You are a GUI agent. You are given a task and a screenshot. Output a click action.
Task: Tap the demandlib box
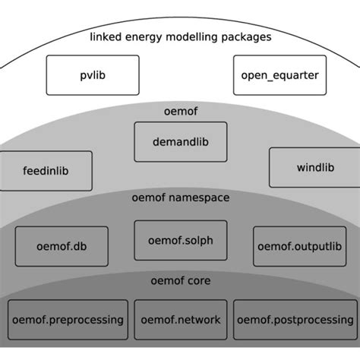coord(179,141)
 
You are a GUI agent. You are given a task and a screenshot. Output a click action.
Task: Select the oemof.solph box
coord(181,240)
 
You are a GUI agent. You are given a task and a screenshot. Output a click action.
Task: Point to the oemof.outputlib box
coord(299,245)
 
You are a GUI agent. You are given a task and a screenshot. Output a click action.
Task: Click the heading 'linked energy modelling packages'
coord(179,37)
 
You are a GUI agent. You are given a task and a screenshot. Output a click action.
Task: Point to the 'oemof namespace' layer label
coord(179,197)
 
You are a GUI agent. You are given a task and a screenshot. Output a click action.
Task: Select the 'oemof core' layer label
coord(179,280)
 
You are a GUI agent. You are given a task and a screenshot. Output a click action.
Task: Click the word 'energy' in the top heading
coord(147,38)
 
